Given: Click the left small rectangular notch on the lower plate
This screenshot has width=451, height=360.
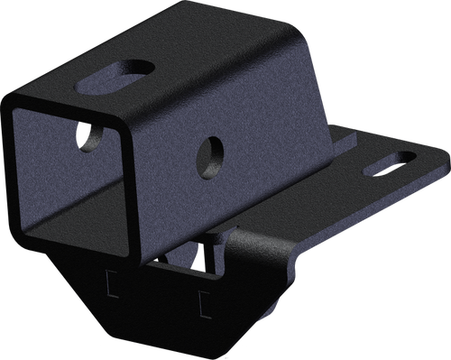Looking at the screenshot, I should (112, 284).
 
